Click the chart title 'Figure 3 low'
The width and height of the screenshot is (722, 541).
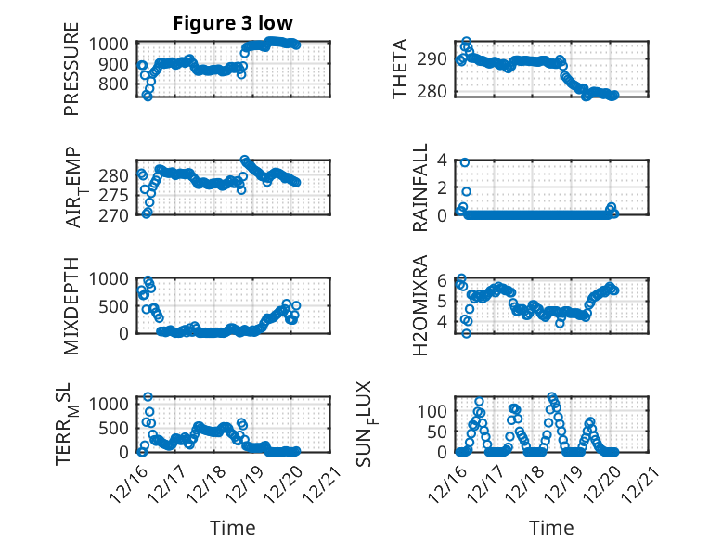point(233,23)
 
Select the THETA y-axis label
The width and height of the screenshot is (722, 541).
point(400,70)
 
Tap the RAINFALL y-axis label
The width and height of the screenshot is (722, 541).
point(420,187)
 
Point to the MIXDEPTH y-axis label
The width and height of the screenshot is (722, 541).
point(71,305)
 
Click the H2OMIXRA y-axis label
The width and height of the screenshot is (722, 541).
point(420,305)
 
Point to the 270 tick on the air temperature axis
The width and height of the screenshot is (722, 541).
point(117,215)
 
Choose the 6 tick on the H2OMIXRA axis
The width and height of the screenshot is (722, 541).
point(444,280)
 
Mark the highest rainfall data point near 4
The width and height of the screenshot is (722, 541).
point(465,162)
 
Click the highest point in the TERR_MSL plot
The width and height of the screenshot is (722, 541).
point(148,397)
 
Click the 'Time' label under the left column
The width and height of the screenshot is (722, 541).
point(233,527)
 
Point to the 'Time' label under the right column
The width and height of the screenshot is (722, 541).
point(551,527)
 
